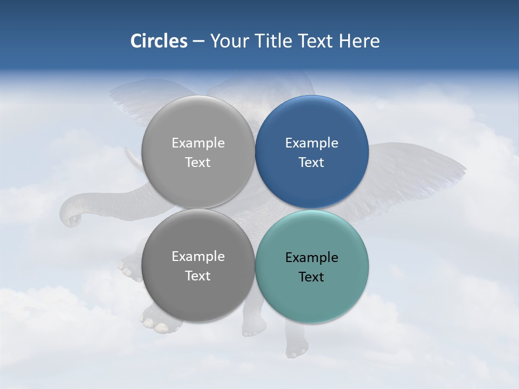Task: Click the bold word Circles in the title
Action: [x=159, y=41]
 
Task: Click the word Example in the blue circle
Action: [x=311, y=143]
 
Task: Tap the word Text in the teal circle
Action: [x=311, y=277]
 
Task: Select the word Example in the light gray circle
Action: [x=198, y=143]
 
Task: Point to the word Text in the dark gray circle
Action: [x=198, y=276]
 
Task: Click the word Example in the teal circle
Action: [x=311, y=258]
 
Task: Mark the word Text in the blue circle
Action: [x=311, y=162]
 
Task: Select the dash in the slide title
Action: [x=198, y=42]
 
